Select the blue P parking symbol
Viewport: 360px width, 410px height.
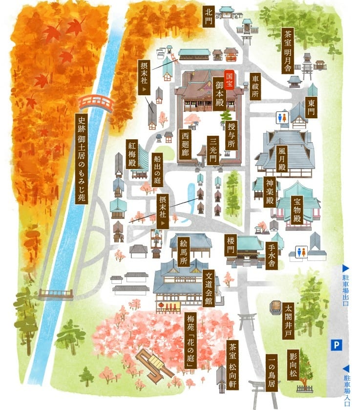click(x=336, y=345)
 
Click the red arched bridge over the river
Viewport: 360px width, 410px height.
click(x=96, y=103)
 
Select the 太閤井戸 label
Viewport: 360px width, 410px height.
click(x=288, y=320)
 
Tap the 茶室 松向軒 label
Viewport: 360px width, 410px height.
click(x=232, y=365)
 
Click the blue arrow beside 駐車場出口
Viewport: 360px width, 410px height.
click(x=345, y=268)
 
